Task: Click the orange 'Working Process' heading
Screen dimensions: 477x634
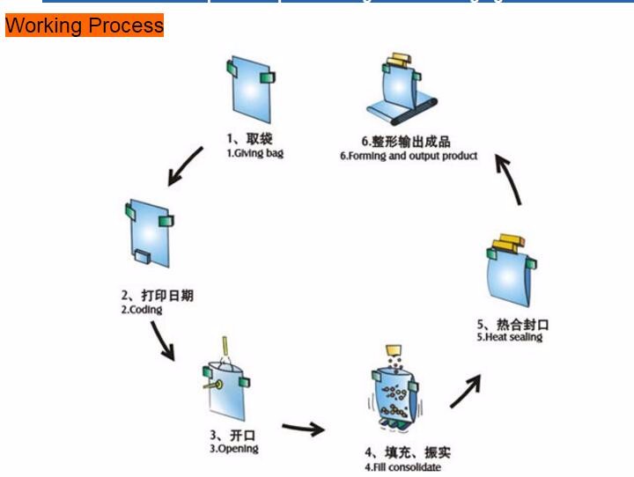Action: [x=85, y=25]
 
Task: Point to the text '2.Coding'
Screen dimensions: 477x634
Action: [x=142, y=310]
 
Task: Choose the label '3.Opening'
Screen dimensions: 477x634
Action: [x=234, y=449]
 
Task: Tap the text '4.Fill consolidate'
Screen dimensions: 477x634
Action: [x=402, y=466]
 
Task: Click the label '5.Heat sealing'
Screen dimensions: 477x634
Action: [x=510, y=337]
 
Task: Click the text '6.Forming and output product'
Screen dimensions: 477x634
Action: [x=409, y=156]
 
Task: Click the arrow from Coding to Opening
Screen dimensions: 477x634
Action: [x=161, y=341]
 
